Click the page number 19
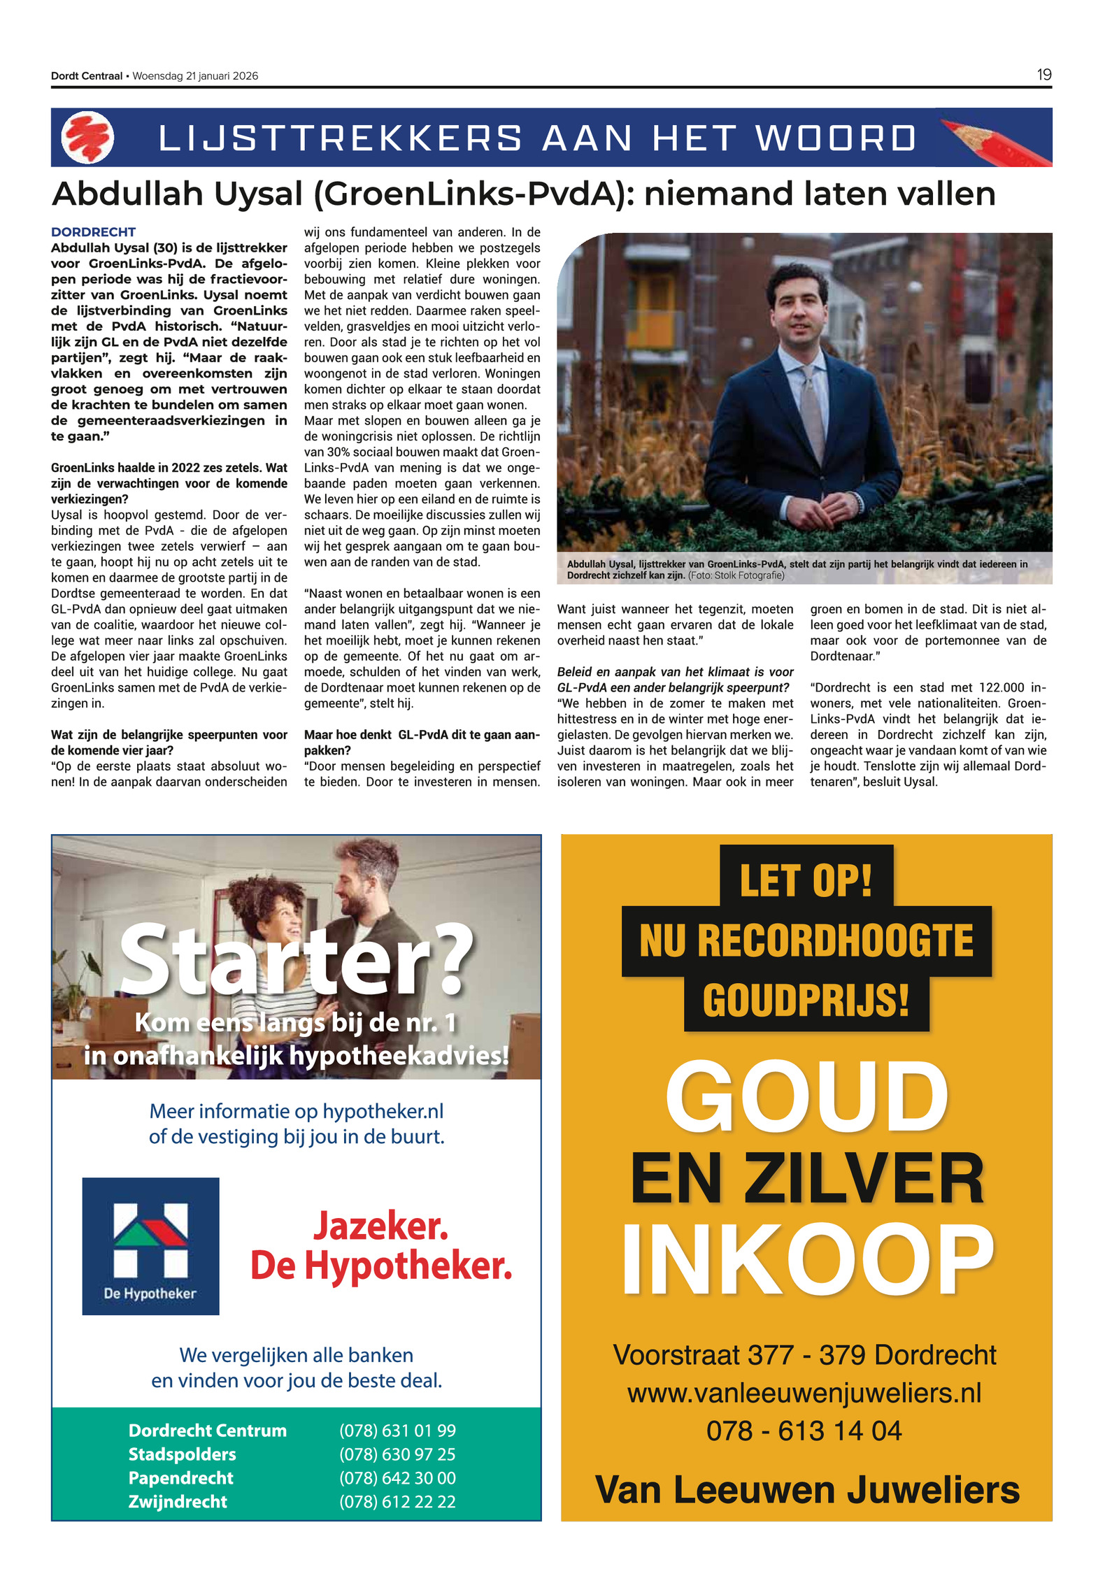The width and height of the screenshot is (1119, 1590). (1043, 75)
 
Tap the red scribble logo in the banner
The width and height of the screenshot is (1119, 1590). (87, 137)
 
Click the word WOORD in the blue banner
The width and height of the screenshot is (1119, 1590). (836, 138)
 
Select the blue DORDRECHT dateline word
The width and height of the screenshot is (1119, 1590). (93, 232)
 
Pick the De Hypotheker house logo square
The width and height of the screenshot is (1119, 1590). (150, 1246)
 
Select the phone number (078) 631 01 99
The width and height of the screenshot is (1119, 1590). (397, 1431)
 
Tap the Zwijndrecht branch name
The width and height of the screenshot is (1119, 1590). (178, 1501)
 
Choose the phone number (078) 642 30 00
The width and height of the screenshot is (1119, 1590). (397, 1477)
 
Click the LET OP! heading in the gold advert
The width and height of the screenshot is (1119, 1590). (806, 880)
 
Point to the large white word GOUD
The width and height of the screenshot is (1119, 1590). (806, 1096)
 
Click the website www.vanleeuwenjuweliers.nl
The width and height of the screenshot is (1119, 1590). (804, 1393)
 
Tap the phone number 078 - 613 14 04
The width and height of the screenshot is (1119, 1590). (804, 1431)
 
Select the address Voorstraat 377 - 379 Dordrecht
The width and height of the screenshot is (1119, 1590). (804, 1355)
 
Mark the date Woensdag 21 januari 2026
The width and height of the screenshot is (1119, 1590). (195, 76)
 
